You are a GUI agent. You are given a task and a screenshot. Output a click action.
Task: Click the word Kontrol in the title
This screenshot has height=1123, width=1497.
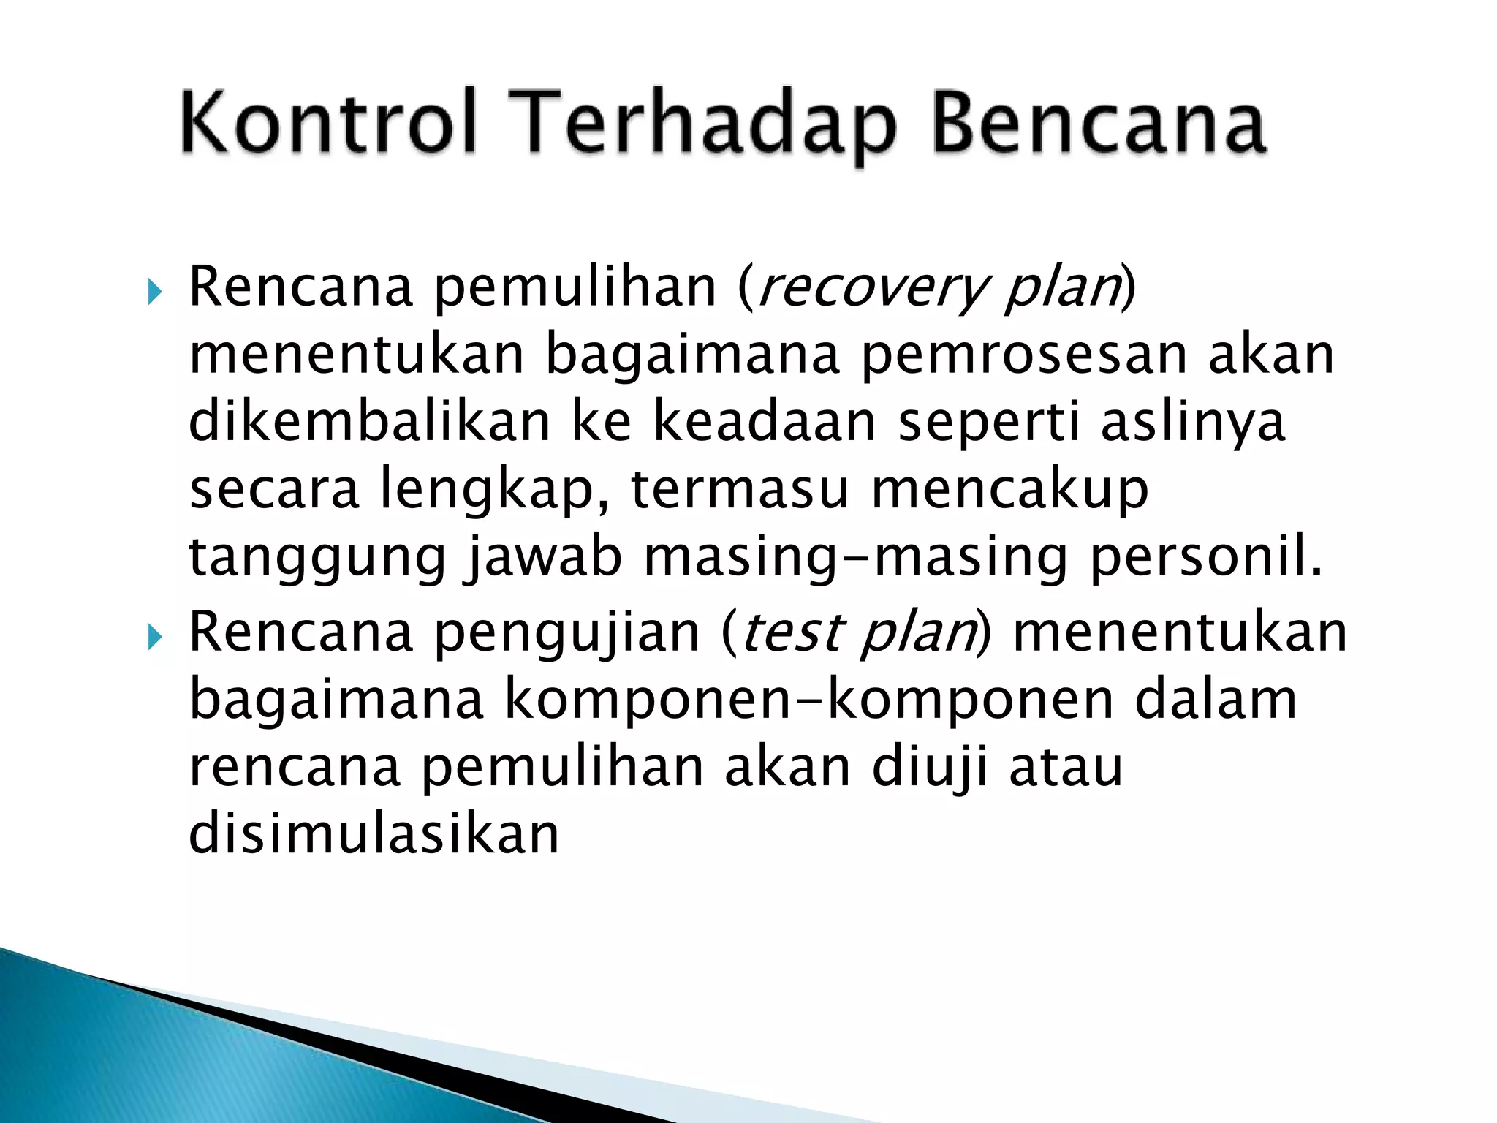tap(328, 121)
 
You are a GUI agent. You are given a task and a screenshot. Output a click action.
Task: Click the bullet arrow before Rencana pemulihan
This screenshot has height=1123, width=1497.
tap(154, 294)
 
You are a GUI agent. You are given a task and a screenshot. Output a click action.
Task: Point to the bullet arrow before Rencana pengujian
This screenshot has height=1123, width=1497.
tap(154, 638)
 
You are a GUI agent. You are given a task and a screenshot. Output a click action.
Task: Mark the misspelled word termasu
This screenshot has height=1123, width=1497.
tap(740, 490)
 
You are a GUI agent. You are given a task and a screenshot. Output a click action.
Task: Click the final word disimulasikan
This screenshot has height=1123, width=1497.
tap(374, 835)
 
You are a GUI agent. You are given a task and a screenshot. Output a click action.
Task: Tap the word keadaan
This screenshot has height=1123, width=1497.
tap(764, 422)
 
